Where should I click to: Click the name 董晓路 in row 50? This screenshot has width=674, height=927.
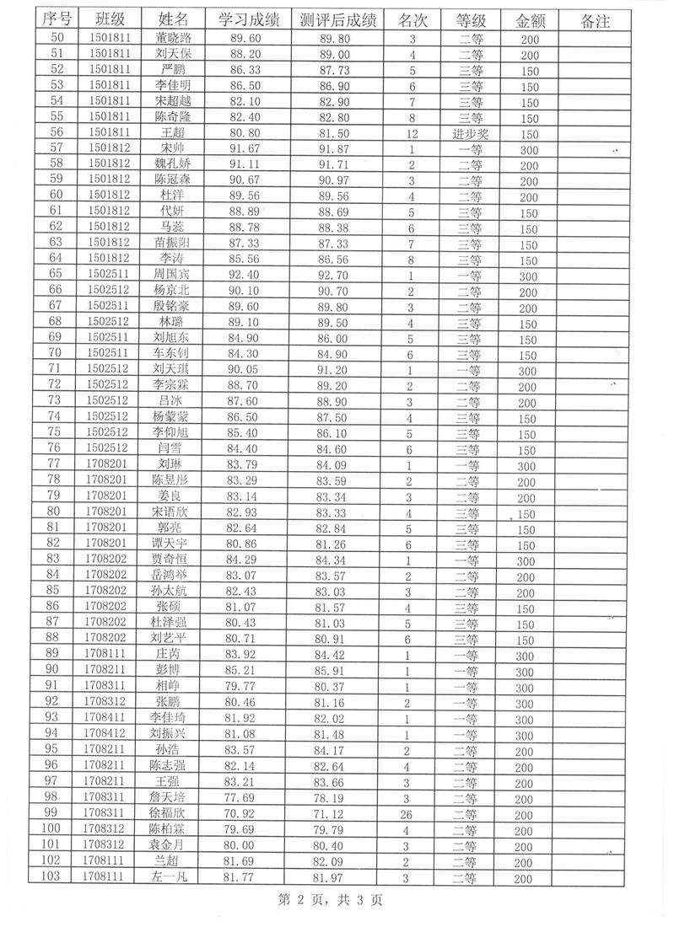coord(174,38)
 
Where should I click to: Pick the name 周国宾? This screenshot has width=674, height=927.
coord(174,275)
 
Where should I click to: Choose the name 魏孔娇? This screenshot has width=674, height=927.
coord(174,164)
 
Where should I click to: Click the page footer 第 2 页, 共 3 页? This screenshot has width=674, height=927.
coord(331,901)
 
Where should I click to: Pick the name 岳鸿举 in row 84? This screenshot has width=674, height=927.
coord(174,576)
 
